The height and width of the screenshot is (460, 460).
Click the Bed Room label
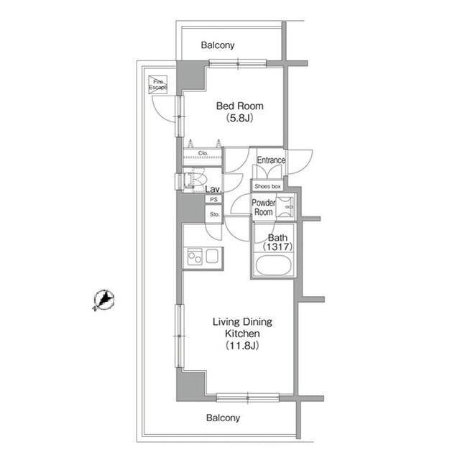(239, 106)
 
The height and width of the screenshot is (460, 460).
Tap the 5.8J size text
(239, 118)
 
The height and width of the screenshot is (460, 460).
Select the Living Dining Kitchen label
(242, 328)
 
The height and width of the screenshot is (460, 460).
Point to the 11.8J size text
(242, 345)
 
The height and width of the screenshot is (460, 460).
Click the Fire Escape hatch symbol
(158, 85)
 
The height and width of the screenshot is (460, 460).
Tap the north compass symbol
(103, 300)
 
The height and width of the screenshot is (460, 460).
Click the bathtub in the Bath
(273, 265)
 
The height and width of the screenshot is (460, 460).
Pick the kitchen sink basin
(212, 256)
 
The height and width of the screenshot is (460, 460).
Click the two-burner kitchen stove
(195, 257)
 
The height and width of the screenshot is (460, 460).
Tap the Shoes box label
(267, 186)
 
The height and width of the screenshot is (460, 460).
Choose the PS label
(214, 200)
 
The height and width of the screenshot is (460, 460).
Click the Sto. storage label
(214, 214)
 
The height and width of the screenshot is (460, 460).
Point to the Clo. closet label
(203, 153)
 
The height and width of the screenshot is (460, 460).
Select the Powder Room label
(264, 207)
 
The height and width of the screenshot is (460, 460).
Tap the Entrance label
(271, 160)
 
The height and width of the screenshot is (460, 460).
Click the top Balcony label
(218, 45)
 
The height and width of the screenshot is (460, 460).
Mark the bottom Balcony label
(223, 418)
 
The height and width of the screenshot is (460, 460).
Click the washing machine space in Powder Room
(285, 207)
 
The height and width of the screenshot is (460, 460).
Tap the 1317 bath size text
(277, 247)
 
